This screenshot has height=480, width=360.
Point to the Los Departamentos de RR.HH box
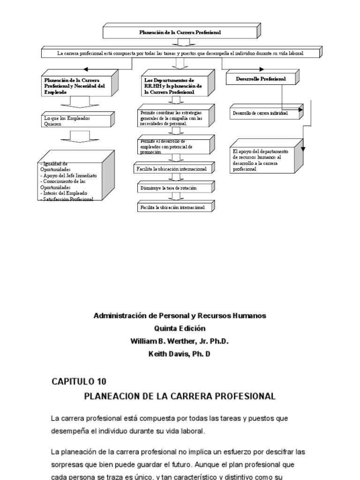pos(173,86)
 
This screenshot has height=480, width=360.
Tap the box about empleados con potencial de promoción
pos(173,146)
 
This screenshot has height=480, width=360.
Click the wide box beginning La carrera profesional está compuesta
pos(180,53)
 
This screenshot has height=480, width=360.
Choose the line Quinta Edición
pos(180,329)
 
